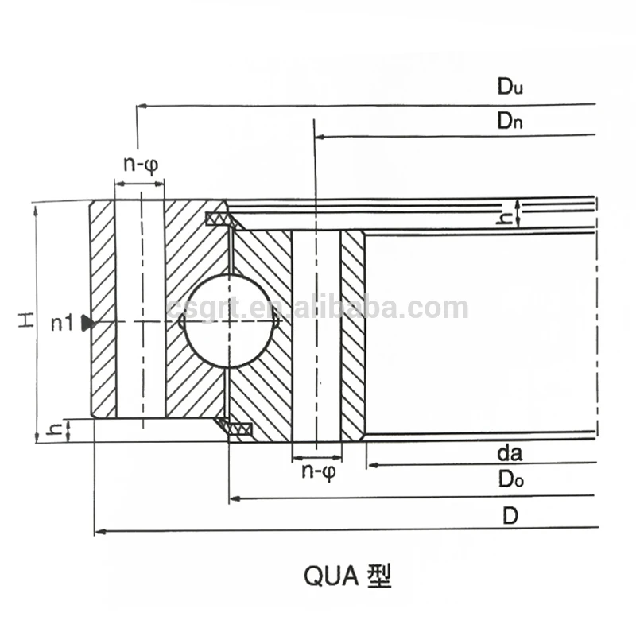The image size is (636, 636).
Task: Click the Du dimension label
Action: click(510, 88)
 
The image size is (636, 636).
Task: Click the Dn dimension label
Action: click(510, 121)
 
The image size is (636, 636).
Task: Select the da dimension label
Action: click(509, 454)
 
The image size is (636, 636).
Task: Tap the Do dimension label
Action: click(510, 479)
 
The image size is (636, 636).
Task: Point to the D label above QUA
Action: click(510, 515)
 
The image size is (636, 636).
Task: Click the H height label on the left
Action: click(27, 321)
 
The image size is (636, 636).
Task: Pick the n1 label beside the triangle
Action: click(62, 323)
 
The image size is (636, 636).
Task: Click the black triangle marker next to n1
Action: click(87, 322)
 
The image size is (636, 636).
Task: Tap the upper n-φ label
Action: click(140, 165)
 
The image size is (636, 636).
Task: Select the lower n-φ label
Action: click(318, 471)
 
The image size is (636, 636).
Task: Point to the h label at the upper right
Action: click(503, 214)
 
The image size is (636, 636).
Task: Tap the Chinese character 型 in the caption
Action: click(379, 575)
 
